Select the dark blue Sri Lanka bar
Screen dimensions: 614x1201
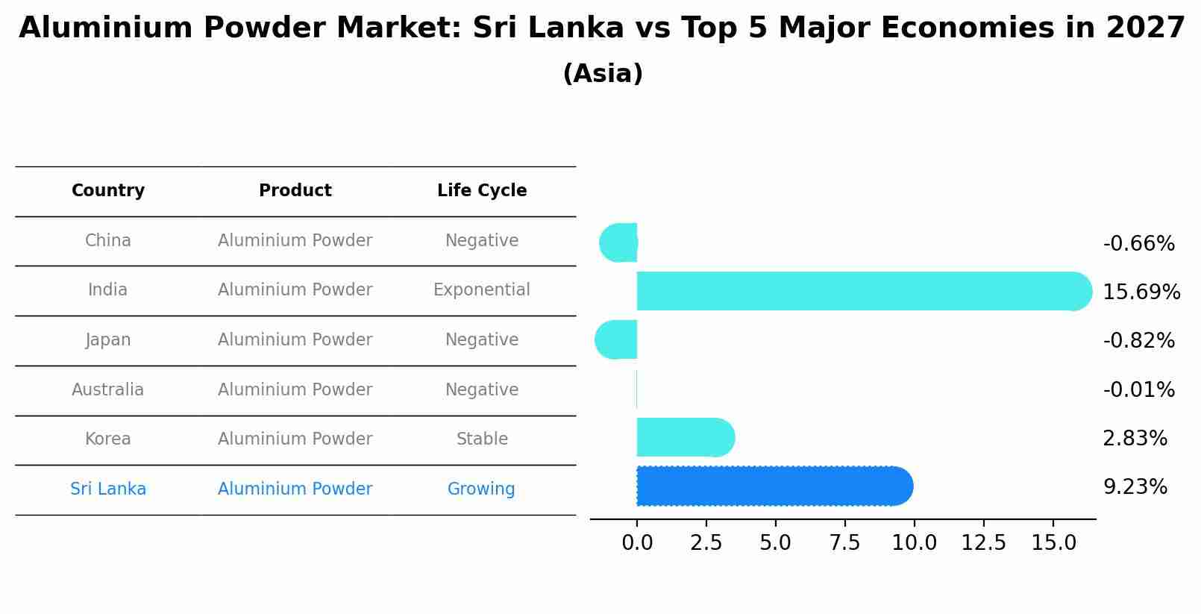pyautogui.click(x=772, y=486)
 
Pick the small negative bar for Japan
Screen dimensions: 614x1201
pyautogui.click(x=617, y=339)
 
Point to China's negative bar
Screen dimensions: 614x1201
pyautogui.click(x=619, y=242)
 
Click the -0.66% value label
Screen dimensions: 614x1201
pyautogui.click(x=1138, y=244)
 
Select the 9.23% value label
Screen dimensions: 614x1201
pyautogui.click(x=1135, y=487)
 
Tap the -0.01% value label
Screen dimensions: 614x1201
pyautogui.click(x=1138, y=389)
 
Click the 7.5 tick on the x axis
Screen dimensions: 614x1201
pyautogui.click(x=844, y=542)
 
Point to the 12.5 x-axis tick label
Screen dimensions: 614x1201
pyautogui.click(x=983, y=542)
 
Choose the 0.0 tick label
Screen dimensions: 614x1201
pyautogui.click(x=637, y=542)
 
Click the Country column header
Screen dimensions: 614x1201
pyautogui.click(x=108, y=191)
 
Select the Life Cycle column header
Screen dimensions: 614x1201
pyautogui.click(x=482, y=191)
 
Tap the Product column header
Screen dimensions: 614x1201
pyautogui.click(x=295, y=191)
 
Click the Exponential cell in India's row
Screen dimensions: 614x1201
pyautogui.click(x=482, y=289)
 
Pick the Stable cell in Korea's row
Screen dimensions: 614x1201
pyautogui.click(x=482, y=439)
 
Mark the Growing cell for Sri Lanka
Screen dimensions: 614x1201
pyautogui.click(x=481, y=489)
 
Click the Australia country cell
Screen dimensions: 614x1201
pyautogui.click(x=108, y=389)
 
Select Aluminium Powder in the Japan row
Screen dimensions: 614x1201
pyautogui.click(x=295, y=339)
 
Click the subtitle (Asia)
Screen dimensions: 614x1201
pyautogui.click(x=603, y=74)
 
